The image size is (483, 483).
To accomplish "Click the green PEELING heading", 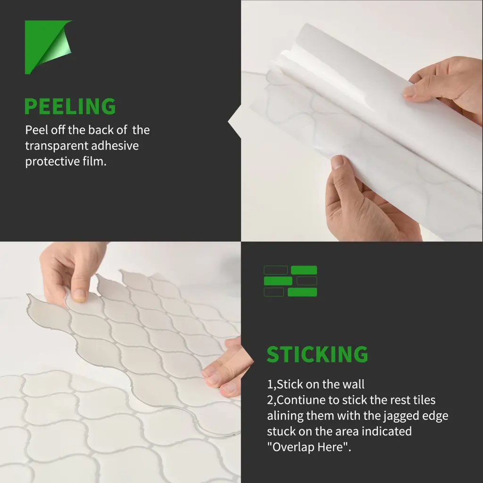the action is pos(70,106).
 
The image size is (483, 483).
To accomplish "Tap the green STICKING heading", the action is pos(317,354).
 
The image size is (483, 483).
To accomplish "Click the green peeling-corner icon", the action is pos(49,47).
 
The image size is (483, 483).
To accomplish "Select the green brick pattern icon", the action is pos(291,281).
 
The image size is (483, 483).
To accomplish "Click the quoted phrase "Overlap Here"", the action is pos(308,447).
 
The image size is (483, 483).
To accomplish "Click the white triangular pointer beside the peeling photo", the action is pos(234,121).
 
